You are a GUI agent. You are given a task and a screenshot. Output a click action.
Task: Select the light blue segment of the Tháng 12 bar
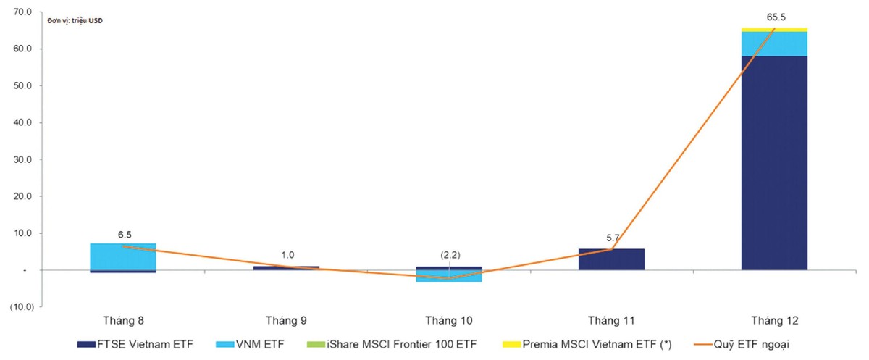(774, 44)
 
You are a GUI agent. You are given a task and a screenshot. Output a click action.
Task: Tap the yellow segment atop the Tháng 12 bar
(774, 30)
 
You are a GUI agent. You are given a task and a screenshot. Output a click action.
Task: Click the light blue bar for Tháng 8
(123, 256)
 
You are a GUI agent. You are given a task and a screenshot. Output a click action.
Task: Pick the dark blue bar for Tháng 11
(612, 259)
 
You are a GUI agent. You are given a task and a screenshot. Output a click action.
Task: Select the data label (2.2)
(451, 256)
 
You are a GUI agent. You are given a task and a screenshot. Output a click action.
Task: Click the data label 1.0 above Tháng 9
(288, 256)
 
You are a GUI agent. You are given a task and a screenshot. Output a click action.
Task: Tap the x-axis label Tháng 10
(450, 320)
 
